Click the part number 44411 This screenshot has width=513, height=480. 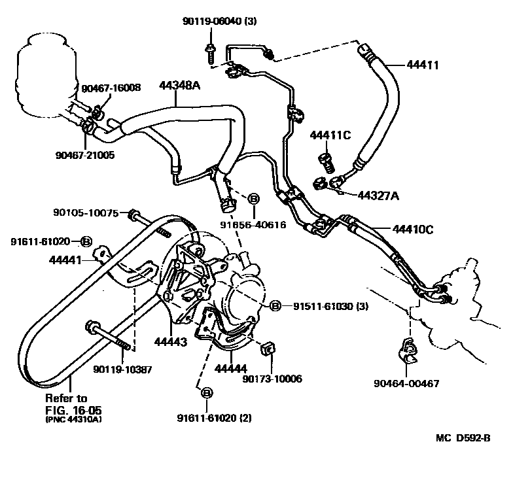(423, 65)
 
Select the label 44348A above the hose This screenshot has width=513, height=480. (181, 85)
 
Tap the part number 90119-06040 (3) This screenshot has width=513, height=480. (219, 21)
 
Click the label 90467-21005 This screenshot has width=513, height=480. (85, 155)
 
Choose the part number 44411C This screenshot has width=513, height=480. (330, 135)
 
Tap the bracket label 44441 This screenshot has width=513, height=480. (65, 260)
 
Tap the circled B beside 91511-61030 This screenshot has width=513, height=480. (275, 305)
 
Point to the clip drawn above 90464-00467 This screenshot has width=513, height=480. (408, 354)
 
